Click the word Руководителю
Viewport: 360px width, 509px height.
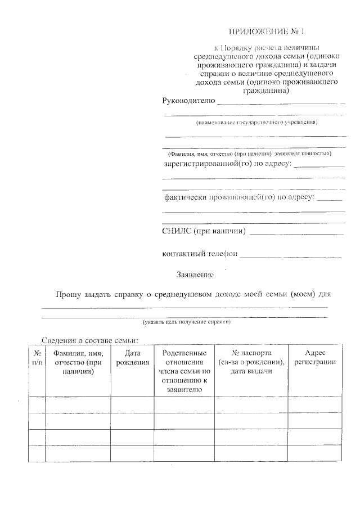[188, 101]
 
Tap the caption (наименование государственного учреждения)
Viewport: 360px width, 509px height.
[256, 122]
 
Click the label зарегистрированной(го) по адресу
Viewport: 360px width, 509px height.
[227, 164]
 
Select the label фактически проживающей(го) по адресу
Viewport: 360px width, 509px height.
[239, 198]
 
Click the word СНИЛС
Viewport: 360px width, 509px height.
[175, 231]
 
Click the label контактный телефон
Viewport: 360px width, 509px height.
[199, 254]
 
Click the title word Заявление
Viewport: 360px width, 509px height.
[195, 274]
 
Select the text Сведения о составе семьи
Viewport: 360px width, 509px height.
[89, 340]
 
